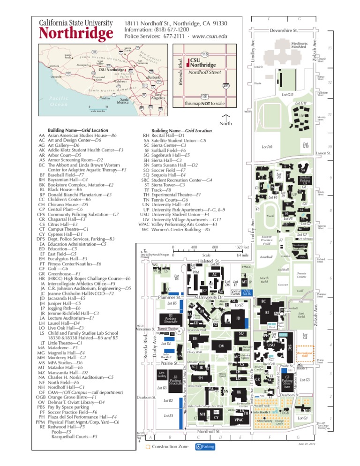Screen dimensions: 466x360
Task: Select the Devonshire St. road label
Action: (284, 30)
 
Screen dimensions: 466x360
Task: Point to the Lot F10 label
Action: (267, 147)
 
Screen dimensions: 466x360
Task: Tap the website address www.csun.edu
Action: (210, 36)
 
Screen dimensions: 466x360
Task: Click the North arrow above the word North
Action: (226, 117)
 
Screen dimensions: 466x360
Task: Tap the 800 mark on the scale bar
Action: (215, 247)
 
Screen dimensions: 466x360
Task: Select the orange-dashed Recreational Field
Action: (305, 353)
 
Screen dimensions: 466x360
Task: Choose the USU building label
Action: (271, 345)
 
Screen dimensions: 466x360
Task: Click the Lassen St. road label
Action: (322, 153)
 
